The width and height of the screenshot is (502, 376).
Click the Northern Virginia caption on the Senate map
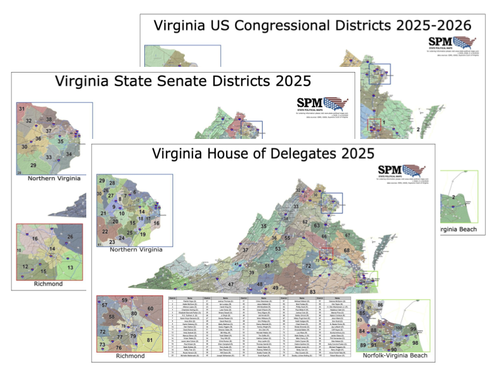tap(54, 178)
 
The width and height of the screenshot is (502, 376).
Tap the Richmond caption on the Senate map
tap(48, 284)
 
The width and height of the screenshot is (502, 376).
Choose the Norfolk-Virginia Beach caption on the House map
tap(395, 356)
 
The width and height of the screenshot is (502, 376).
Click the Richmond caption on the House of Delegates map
tap(129, 356)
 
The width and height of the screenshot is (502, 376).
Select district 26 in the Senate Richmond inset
tap(71, 237)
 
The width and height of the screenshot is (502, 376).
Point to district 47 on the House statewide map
tap(231, 284)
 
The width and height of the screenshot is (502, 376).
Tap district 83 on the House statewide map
tap(313, 291)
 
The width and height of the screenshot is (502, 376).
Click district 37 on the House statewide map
tap(245, 251)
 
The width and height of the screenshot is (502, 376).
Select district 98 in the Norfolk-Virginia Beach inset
tap(416, 343)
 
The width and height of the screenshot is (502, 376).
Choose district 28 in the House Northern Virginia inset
tap(112, 183)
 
